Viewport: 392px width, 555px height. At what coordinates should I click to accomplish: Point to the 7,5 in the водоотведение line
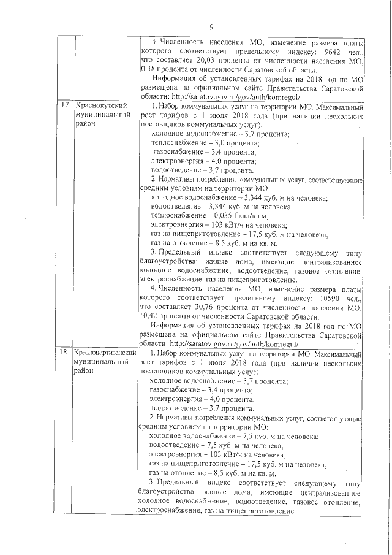(215, 446)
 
